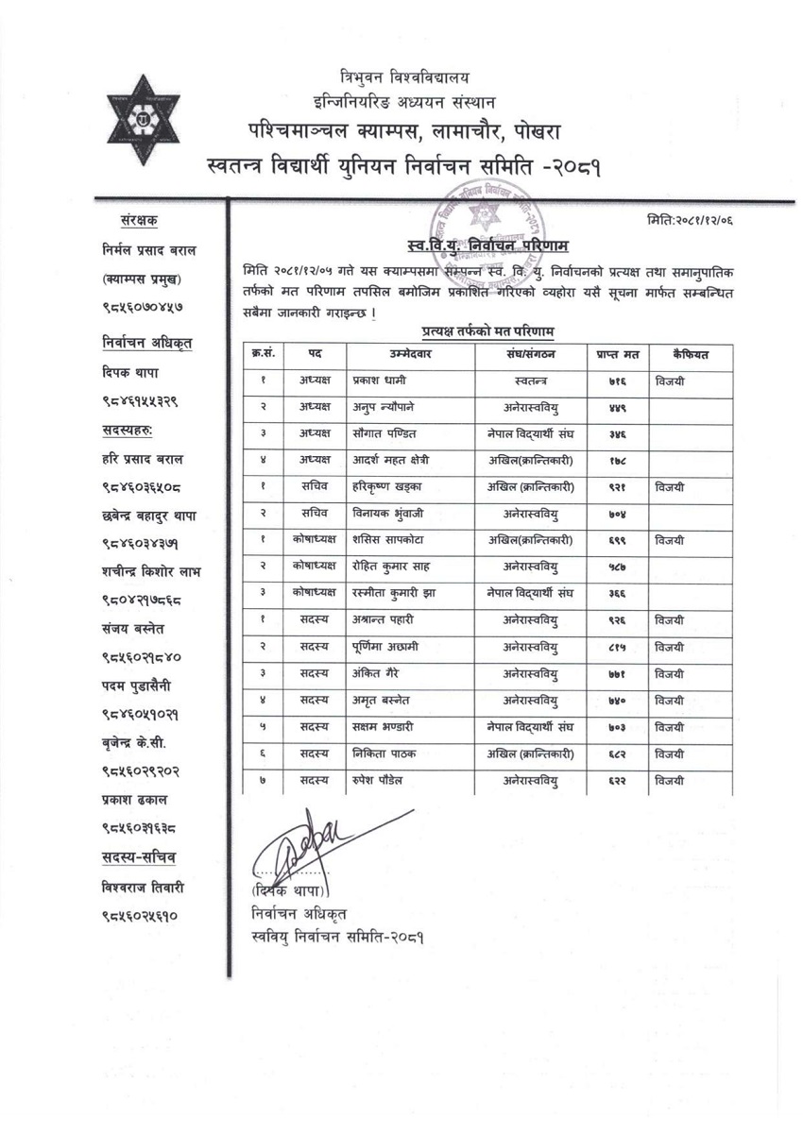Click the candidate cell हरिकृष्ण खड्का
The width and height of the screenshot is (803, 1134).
click(x=387, y=487)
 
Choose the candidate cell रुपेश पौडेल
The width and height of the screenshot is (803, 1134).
click(x=384, y=780)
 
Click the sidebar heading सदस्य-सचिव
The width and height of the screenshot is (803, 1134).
click(x=143, y=857)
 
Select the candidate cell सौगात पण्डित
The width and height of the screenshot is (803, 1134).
click(x=386, y=434)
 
